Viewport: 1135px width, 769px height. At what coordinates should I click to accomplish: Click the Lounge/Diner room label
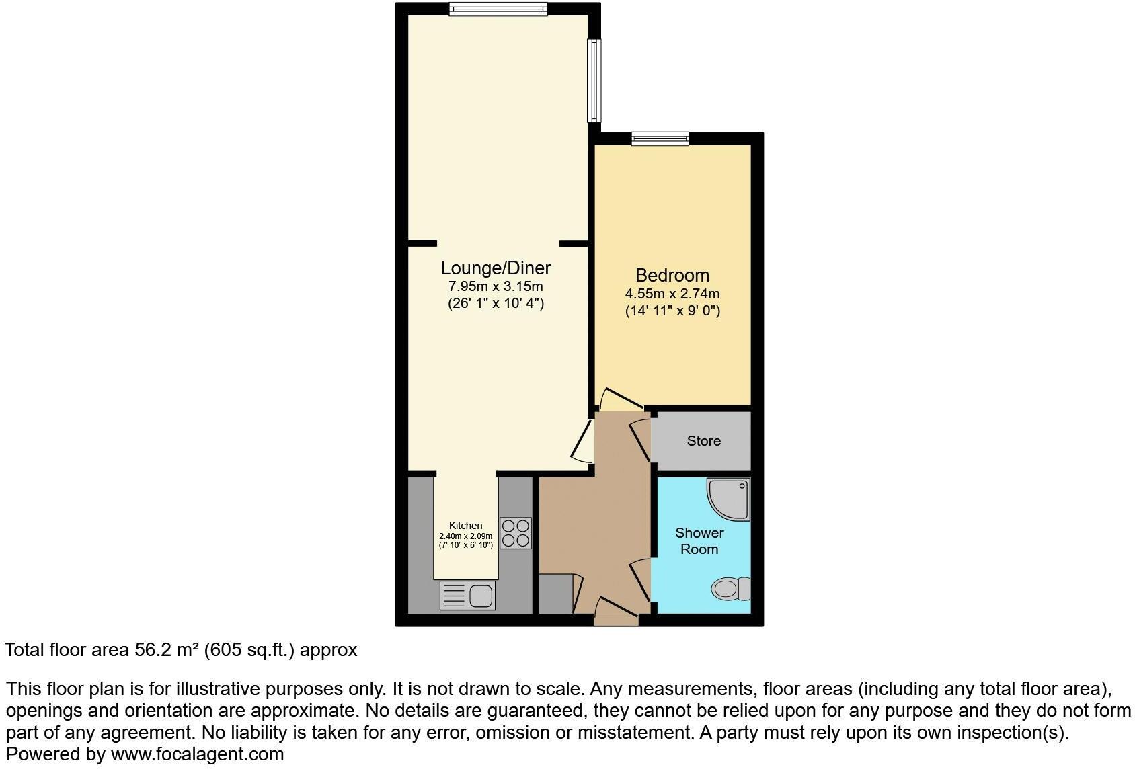496,268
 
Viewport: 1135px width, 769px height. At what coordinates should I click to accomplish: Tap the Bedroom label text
672,275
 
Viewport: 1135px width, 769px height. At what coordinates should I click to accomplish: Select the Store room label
703,441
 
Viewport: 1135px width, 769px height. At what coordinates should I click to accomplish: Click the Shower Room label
699,540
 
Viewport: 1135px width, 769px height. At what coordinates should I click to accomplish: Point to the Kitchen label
465,526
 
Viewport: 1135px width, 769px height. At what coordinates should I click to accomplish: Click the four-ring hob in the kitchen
516,532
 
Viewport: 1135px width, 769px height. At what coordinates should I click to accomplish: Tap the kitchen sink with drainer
467,596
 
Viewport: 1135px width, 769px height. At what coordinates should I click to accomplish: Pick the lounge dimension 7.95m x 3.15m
496,286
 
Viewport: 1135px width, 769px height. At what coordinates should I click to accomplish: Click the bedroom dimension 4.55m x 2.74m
672,294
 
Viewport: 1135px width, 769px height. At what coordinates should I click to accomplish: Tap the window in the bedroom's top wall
660,138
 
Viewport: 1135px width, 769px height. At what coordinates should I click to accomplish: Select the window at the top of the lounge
498,9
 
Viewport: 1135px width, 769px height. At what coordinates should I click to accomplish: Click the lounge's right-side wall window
594,80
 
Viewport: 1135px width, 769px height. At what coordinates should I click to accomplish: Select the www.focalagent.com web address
197,754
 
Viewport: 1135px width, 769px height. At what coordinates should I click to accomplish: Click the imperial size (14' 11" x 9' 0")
672,311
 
